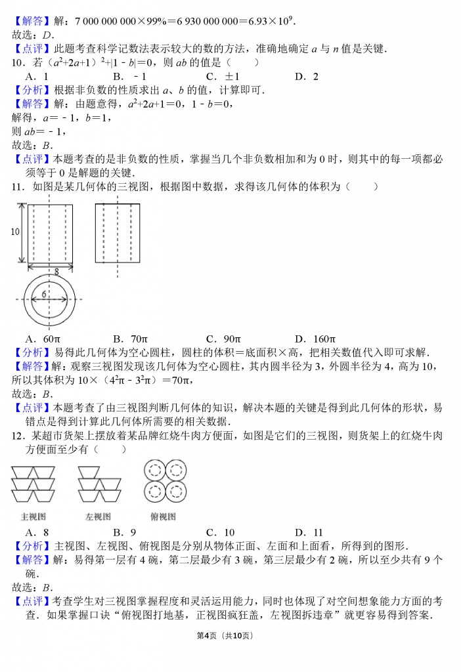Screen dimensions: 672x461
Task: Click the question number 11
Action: pos(18,187)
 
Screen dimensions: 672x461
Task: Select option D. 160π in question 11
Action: pos(315,339)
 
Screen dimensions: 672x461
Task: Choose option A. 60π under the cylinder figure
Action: pos(43,339)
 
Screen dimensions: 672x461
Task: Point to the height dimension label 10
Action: pos(14,232)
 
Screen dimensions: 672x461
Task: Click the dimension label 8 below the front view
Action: pos(56,270)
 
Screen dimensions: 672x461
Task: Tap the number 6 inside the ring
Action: pos(44,295)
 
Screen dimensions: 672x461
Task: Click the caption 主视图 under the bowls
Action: pos(33,516)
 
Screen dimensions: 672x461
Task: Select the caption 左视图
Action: pos(98,516)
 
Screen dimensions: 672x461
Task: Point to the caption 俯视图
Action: pos(164,516)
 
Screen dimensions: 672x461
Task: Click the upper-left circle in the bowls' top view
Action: pos(155,470)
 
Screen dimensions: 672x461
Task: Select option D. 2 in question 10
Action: pos(307,76)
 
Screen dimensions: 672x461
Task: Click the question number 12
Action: pos(18,436)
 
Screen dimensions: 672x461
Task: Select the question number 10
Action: pos(18,62)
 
